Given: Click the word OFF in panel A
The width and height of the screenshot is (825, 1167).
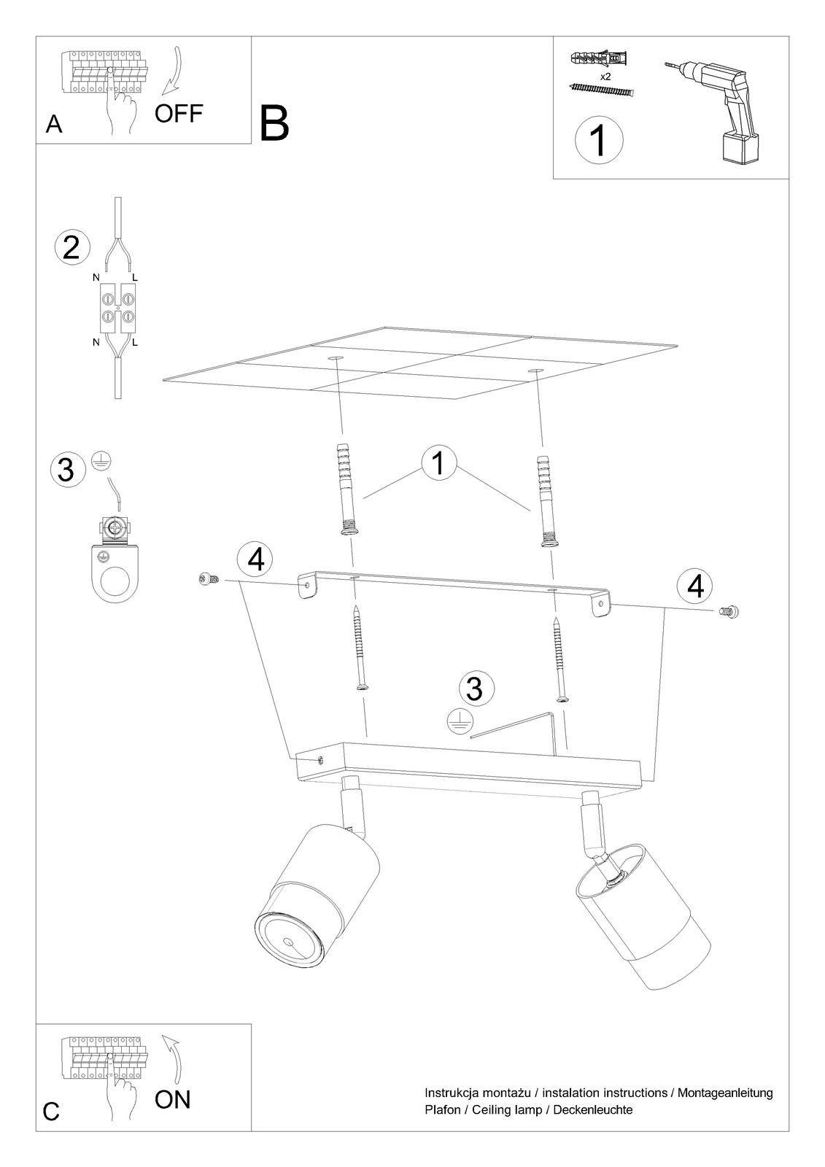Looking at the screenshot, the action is coord(178,113).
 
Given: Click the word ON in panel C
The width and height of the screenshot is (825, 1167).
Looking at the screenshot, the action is coord(172,1100).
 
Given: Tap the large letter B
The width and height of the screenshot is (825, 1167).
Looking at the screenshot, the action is coord(274,123).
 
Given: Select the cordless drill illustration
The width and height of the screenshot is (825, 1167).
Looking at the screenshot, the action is coord(713,110).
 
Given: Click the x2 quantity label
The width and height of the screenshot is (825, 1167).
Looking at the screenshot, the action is coord(605,77).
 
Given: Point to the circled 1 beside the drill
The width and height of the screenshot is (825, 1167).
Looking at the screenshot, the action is coord(600,139).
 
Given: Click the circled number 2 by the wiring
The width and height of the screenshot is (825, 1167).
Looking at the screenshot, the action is coord(72,247).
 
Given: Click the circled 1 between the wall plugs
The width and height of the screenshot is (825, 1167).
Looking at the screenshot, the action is coord(439,462).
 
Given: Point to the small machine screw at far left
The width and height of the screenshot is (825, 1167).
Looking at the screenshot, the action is coord(209,578).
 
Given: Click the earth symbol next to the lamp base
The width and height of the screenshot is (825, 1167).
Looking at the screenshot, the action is coord(459,723).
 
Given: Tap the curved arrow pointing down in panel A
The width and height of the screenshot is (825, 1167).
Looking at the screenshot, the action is coord(174,71).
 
